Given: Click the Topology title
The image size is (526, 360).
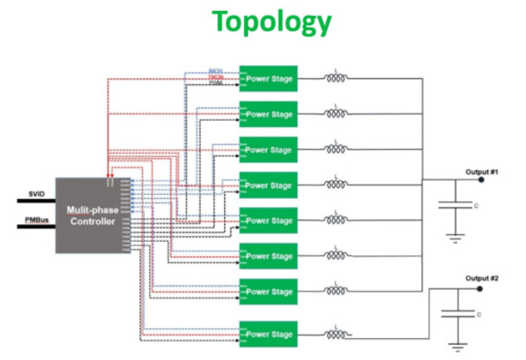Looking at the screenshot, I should point(271,21).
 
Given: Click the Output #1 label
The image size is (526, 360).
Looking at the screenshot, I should point(482,171).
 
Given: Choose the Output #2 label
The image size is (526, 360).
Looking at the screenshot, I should point(482,278).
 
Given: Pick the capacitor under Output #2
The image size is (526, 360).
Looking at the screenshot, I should point(455,314).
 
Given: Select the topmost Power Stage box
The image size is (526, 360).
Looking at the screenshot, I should point(268,79).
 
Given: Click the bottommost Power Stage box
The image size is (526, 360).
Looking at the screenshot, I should point(268,335).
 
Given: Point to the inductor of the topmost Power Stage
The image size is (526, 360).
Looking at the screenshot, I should point(336,79).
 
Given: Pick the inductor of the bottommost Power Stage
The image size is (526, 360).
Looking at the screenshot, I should point(336,335).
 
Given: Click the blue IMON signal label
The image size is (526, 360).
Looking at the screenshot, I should point(215,71).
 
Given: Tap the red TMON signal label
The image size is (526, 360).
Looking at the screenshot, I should point(215,78).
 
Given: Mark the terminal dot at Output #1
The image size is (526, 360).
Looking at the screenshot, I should point(482,180).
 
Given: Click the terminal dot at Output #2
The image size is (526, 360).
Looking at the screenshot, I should point(482,287).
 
